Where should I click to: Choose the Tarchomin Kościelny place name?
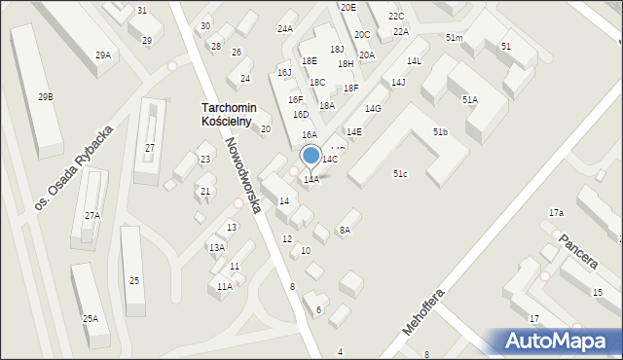227,115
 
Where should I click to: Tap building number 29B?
46,97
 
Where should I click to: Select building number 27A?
92,216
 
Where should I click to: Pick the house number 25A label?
90,319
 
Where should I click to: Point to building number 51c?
400,173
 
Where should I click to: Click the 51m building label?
454,37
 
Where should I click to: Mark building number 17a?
556,212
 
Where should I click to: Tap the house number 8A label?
344,231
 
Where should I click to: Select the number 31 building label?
142,10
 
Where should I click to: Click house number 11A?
225,287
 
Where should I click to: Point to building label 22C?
396,17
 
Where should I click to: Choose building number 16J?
284,72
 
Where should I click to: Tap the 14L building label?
415,61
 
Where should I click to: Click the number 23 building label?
205,160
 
